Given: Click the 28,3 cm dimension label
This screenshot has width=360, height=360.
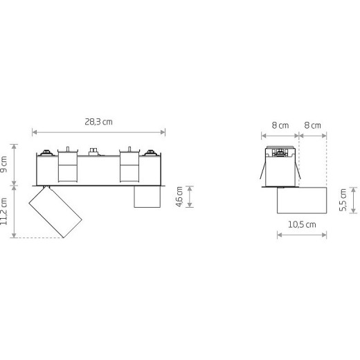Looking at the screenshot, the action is (x=98, y=122).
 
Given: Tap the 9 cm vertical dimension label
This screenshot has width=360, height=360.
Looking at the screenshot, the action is (x=4, y=164).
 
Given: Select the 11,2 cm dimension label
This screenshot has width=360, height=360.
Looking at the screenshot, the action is (x=4, y=211).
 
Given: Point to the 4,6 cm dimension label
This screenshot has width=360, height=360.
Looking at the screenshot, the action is (x=179, y=197).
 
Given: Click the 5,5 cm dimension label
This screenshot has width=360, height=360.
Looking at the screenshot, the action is (x=343, y=200).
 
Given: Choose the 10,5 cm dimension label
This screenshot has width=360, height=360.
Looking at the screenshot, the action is (x=302, y=224).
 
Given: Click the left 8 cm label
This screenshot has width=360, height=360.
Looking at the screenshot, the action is (x=280, y=125).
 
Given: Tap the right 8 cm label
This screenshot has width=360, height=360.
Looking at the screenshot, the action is (x=312, y=125).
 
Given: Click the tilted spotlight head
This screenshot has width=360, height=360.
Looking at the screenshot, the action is (x=55, y=213).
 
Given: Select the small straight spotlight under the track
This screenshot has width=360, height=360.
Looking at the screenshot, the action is (x=147, y=197).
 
